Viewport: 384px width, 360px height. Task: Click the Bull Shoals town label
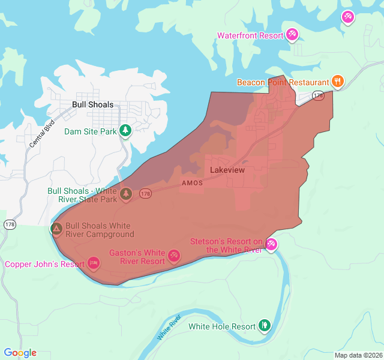pos(92,104)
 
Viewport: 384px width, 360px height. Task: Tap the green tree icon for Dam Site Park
pos(125,130)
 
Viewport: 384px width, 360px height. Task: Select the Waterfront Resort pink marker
pos(292,35)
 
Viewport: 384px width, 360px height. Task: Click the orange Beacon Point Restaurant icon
pos(338,82)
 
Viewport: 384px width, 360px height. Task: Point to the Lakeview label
pos(227,170)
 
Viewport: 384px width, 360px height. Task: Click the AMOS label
pos(192,183)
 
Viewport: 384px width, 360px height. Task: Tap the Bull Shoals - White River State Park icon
pos(126,194)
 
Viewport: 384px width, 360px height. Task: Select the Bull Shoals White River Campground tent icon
pos(56,229)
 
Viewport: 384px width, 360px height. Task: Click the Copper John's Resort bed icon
pos(94,263)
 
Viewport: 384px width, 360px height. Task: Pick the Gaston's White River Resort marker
pos(174,256)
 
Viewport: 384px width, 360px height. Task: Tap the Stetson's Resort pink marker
pos(271,244)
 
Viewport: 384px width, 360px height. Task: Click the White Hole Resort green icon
pos(265,326)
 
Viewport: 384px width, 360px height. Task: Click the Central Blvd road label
pos(41,134)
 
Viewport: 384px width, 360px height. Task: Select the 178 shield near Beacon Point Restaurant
pos(317,95)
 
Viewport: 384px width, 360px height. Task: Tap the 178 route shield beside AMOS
pos(145,193)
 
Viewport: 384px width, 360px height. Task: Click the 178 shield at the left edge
pos(10,224)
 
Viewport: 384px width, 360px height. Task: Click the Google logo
pos(20,353)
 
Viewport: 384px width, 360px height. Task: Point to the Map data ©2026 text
pos(358,355)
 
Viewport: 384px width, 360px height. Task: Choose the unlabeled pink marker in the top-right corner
pos(347,17)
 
